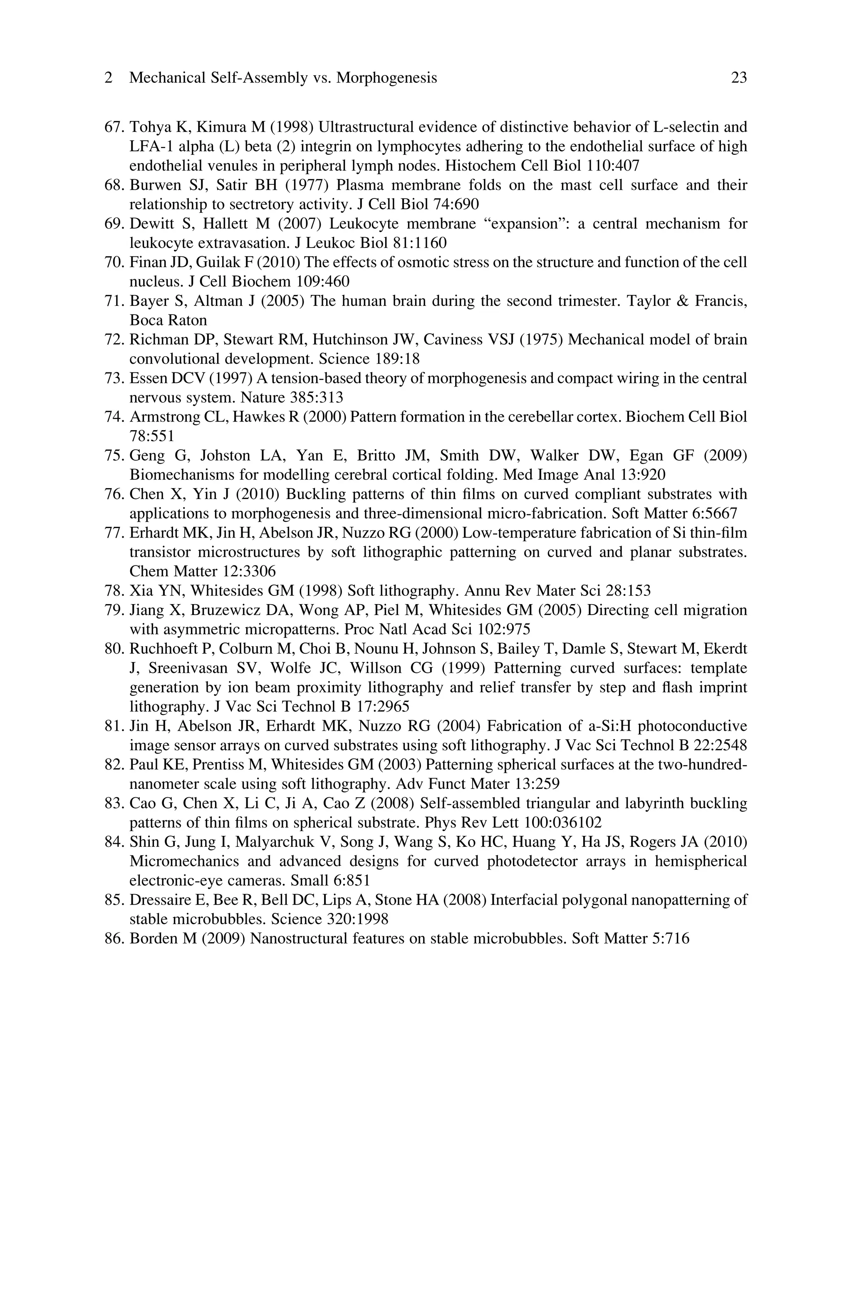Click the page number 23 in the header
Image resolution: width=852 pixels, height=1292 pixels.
click(x=738, y=78)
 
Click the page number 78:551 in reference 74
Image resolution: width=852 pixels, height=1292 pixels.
click(x=151, y=436)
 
